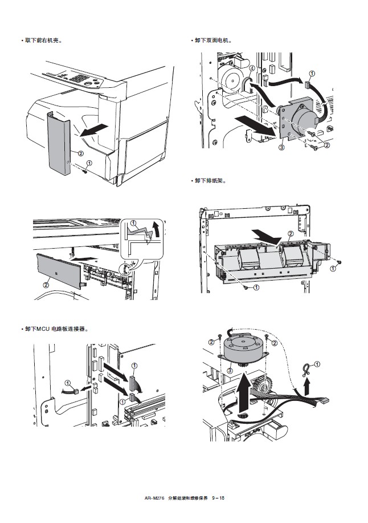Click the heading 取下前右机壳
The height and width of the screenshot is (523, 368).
point(41,40)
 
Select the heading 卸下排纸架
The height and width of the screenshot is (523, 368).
point(210,181)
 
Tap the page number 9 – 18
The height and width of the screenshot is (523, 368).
point(218,498)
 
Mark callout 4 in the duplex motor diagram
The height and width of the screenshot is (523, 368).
point(251,68)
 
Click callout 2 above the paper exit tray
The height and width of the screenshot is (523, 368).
point(291,233)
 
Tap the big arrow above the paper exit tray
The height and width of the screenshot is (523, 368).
point(266,235)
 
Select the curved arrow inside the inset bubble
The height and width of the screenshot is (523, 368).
point(154,228)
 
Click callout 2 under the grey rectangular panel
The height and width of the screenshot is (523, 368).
point(46,283)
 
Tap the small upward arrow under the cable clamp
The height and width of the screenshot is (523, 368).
point(307,388)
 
